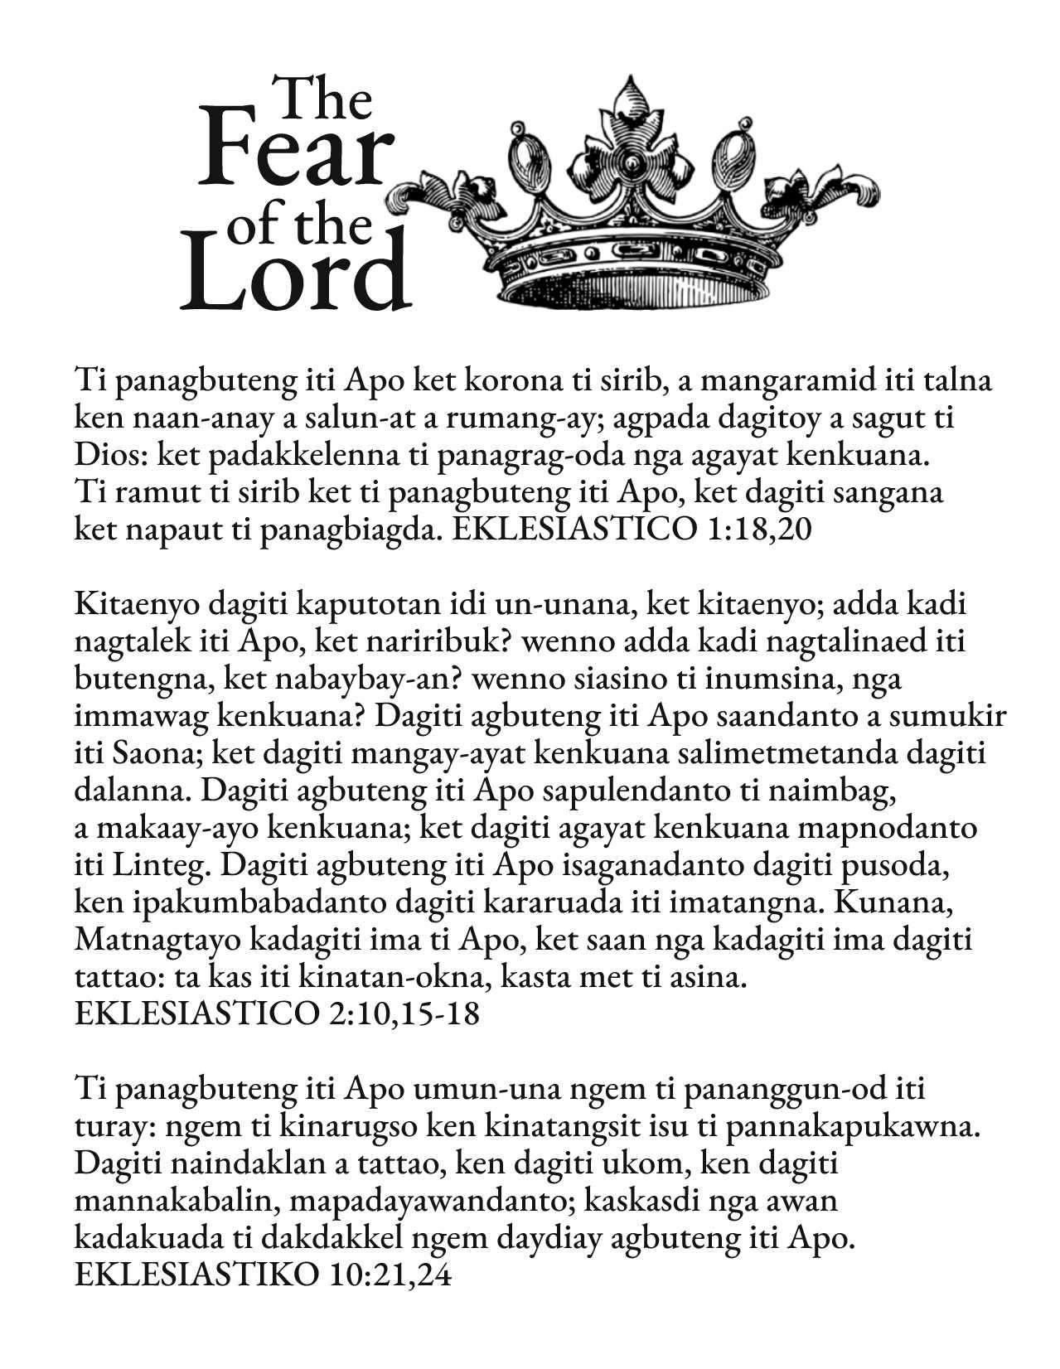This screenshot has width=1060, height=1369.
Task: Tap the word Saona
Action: [152, 755]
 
